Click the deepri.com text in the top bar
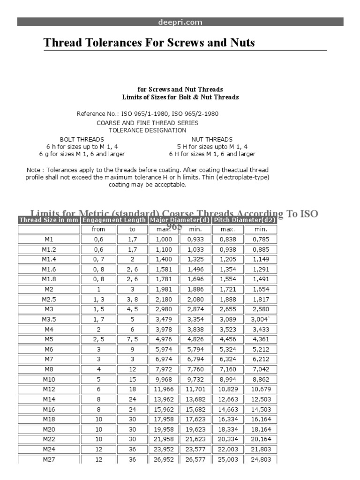click(180, 22)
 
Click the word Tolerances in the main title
click(109, 43)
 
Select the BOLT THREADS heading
click(82, 139)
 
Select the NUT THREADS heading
click(212, 139)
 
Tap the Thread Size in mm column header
click(49, 220)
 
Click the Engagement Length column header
click(114, 220)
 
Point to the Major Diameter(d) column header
click(180, 220)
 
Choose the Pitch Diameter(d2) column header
click(244, 220)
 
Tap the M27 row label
click(49, 460)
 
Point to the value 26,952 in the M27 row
click(163, 460)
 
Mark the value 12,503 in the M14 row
click(261, 399)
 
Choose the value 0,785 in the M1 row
click(261, 239)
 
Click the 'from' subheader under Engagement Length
click(98, 229)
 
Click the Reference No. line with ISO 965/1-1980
click(147, 113)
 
